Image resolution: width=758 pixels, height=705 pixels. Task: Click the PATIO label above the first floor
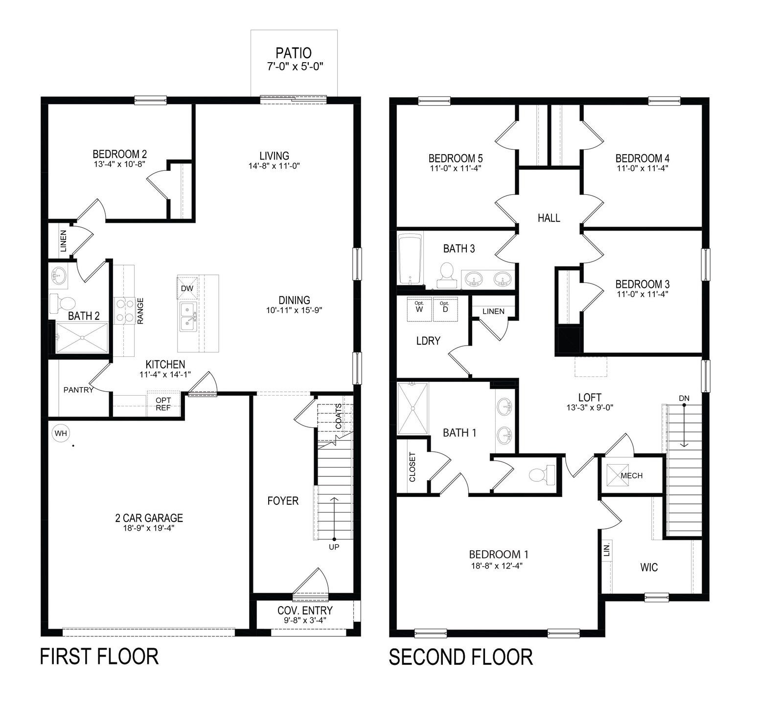pyautogui.click(x=293, y=53)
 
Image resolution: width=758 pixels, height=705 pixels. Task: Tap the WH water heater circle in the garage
pyautogui.click(x=60, y=433)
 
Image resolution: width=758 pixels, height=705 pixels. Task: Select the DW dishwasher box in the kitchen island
pyautogui.click(x=187, y=289)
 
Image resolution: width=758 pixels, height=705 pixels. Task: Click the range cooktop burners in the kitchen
pyautogui.click(x=124, y=311)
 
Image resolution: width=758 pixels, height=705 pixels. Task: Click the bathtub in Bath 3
pyautogui.click(x=410, y=259)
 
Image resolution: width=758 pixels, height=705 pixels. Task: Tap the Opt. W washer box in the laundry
pyautogui.click(x=419, y=309)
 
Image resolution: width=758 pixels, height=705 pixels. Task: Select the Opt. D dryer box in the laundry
pyautogui.click(x=444, y=309)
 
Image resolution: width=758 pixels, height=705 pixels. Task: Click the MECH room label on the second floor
pyautogui.click(x=631, y=475)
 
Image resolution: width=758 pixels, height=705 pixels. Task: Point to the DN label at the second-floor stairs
pyautogui.click(x=684, y=399)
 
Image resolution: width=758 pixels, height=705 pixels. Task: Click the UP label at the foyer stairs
pyautogui.click(x=334, y=547)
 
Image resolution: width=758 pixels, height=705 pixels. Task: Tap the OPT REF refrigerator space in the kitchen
pyautogui.click(x=163, y=403)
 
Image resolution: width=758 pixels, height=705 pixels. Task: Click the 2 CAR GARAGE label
pyautogui.click(x=146, y=518)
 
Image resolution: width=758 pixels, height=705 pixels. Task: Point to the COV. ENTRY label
pyautogui.click(x=305, y=611)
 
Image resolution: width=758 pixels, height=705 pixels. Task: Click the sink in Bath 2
pyautogui.click(x=59, y=275)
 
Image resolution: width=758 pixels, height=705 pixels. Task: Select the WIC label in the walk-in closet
pyautogui.click(x=649, y=567)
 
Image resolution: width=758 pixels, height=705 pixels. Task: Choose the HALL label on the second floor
pyautogui.click(x=549, y=218)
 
